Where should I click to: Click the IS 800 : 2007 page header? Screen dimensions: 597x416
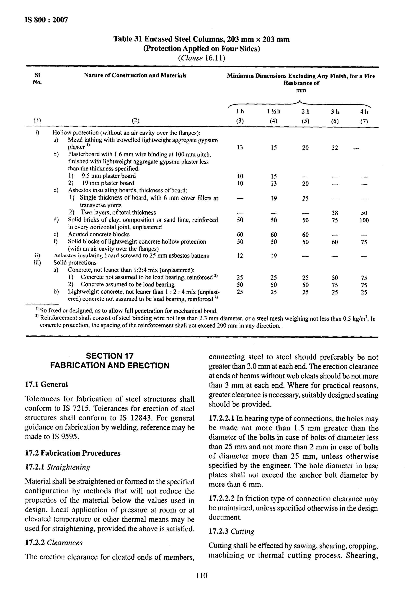[46, 20]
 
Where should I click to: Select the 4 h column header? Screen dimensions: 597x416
[364, 112]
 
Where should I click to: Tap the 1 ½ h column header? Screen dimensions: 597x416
[274, 112]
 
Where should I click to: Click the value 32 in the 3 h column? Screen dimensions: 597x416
[335, 148]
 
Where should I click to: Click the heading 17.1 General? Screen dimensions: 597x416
[46, 384]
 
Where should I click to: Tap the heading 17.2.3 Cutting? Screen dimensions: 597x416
[231, 531]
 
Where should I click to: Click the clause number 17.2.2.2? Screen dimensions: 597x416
[222, 498]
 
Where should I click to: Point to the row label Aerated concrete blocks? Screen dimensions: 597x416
[99, 234]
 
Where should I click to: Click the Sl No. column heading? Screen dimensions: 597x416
[37, 78]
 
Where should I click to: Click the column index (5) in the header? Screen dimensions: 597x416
[305, 121]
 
